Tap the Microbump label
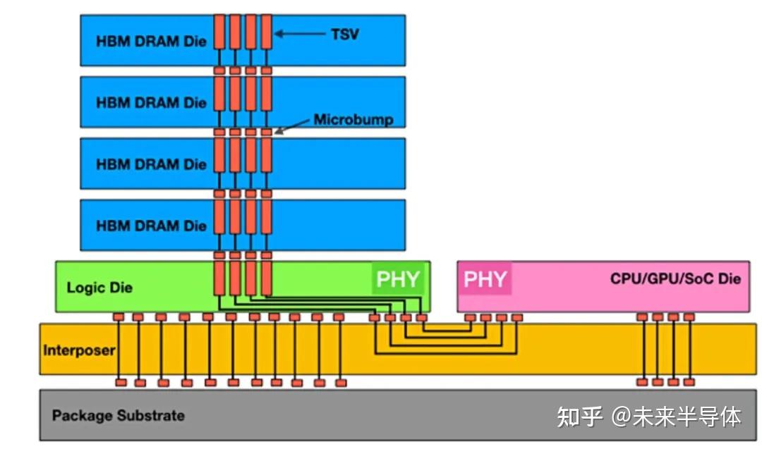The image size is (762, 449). click(x=353, y=119)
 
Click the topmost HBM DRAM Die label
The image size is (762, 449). click(x=151, y=41)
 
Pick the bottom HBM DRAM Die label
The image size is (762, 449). click(x=151, y=226)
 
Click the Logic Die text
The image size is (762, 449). click(x=99, y=288)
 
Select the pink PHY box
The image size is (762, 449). click(x=485, y=280)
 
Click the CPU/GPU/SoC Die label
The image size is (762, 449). click(x=675, y=279)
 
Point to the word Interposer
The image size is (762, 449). click(x=78, y=350)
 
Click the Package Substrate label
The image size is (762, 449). click(x=118, y=415)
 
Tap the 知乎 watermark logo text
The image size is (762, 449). click(x=579, y=417)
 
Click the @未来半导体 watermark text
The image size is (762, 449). click(x=676, y=417)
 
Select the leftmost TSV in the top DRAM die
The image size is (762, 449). click(x=219, y=32)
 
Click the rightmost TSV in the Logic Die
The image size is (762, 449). click(x=266, y=278)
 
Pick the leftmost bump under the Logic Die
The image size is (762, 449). click(x=119, y=317)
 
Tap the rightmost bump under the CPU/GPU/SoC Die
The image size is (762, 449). click(x=689, y=317)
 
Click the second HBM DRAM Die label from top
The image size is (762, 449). click(x=151, y=103)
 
